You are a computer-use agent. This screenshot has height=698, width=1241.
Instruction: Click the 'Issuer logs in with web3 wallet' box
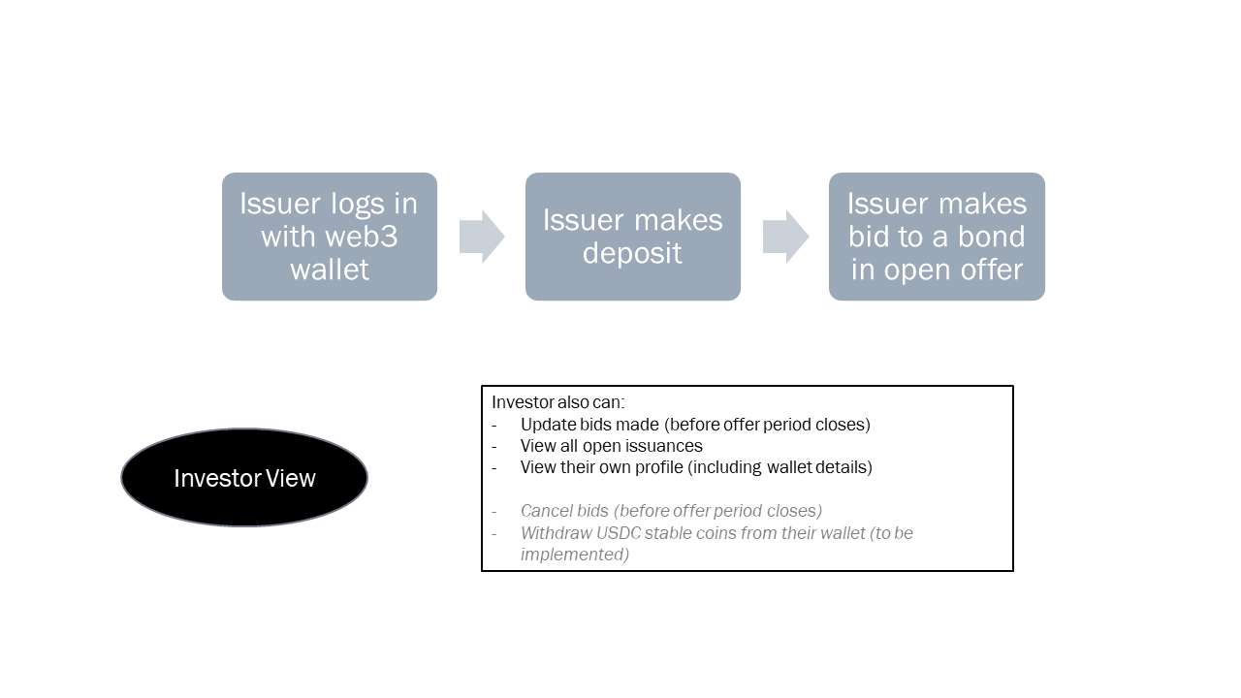(330, 237)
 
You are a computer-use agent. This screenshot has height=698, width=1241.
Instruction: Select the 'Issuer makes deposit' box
(632, 237)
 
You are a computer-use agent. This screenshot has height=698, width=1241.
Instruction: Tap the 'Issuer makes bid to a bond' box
(937, 237)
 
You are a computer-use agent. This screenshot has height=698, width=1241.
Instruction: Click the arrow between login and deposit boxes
(482, 237)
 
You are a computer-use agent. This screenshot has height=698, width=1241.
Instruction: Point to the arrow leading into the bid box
(785, 237)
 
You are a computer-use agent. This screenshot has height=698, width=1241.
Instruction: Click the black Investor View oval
(244, 478)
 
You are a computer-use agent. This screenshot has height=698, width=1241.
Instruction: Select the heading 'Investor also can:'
(557, 402)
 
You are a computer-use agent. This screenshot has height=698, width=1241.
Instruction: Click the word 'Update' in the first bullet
(547, 425)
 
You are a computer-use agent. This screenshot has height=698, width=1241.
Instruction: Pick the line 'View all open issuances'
(611, 446)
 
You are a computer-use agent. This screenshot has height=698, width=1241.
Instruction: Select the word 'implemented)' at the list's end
(574, 555)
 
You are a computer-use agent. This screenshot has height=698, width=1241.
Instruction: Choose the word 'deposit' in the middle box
(632, 253)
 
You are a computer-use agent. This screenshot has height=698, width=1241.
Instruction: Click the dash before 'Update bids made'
(494, 425)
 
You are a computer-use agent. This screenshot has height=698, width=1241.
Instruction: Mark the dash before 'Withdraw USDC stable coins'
(494, 533)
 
